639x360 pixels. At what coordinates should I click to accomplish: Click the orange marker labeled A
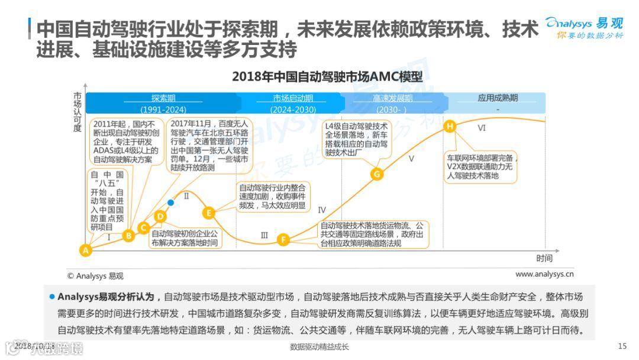click(x=86, y=250)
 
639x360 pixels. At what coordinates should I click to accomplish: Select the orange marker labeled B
click(x=128, y=236)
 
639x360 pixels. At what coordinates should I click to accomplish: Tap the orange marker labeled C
click(x=143, y=227)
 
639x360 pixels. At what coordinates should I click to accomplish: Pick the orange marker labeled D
click(x=160, y=217)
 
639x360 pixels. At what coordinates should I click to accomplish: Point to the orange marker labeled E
click(x=208, y=213)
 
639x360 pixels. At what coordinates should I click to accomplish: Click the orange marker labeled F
click(x=284, y=240)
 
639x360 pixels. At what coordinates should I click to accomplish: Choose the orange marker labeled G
click(x=377, y=173)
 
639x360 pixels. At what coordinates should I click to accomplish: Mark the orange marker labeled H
click(x=450, y=126)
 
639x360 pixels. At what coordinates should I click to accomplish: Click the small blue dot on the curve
click(x=171, y=202)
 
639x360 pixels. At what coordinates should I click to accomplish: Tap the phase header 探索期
click(x=163, y=98)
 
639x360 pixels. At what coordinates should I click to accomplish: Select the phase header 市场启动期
click(x=293, y=98)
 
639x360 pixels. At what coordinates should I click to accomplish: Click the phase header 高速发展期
click(x=393, y=98)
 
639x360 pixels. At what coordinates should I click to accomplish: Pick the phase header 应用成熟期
click(x=498, y=98)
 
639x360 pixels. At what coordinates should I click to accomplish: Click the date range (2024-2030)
click(x=293, y=110)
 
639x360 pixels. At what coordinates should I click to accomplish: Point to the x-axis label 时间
click(x=544, y=258)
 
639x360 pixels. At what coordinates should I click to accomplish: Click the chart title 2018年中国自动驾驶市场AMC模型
click(x=327, y=77)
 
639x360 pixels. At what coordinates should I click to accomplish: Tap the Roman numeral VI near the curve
click(x=482, y=128)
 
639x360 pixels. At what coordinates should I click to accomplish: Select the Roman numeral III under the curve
click(x=264, y=235)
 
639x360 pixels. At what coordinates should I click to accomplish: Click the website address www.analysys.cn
click(x=544, y=274)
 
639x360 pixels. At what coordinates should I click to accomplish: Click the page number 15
click(x=622, y=346)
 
